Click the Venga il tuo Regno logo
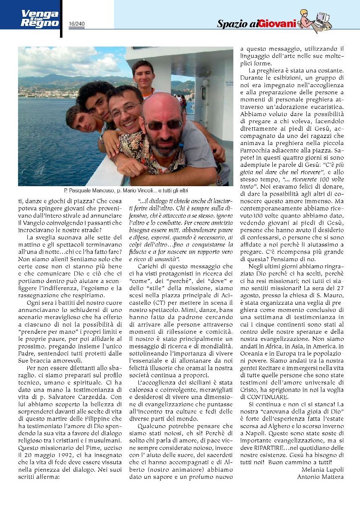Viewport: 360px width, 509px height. click(40, 19)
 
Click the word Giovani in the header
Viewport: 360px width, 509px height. click(278, 24)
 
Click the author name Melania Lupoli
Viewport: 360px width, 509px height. click(323, 469)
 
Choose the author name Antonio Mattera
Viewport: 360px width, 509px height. click(320, 476)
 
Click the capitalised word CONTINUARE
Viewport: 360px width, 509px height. click(266, 396)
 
